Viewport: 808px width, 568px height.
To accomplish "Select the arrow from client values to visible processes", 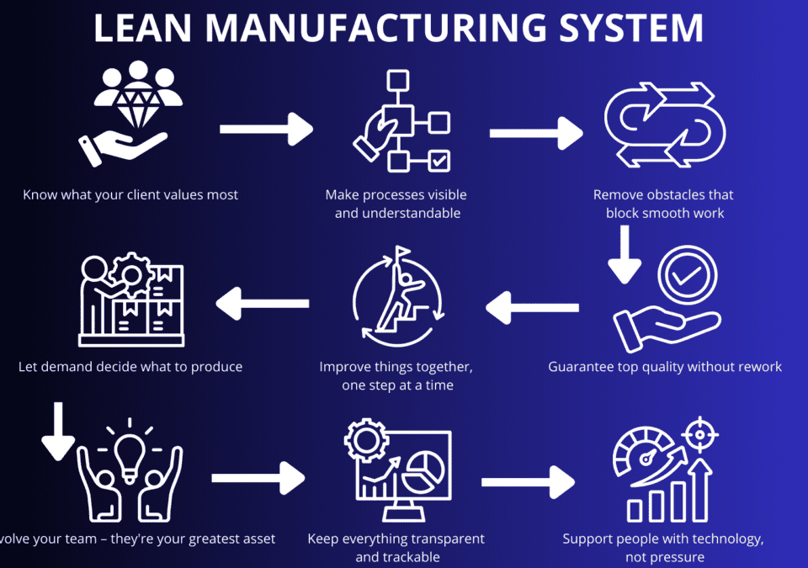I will (266, 130).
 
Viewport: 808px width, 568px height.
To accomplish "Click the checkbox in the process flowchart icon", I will (439, 160).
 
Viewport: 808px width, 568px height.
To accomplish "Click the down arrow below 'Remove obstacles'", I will (624, 254).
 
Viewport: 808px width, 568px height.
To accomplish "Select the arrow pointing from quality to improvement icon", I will (533, 306).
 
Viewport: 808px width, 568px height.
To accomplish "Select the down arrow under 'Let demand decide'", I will (58, 431).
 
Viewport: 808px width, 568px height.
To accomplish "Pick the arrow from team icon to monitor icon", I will (258, 479).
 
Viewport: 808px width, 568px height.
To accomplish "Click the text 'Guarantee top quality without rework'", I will (665, 367).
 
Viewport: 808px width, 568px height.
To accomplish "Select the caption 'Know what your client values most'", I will (130, 195).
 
